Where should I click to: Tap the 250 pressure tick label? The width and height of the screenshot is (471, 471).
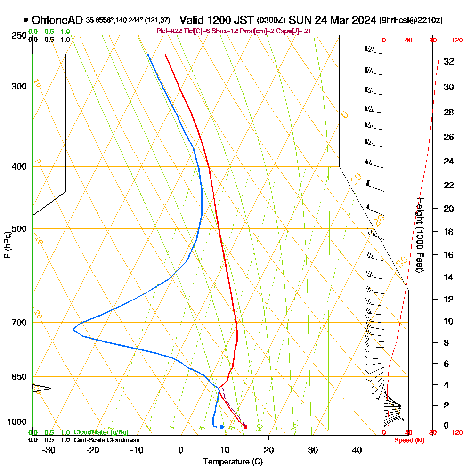pyautogui.click(x=19, y=36)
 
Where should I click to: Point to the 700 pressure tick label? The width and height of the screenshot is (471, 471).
pyautogui.click(x=19, y=323)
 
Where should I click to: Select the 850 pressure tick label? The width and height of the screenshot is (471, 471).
pyautogui.click(x=19, y=377)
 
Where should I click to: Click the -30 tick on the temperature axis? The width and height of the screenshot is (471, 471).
pyautogui.click(x=49, y=450)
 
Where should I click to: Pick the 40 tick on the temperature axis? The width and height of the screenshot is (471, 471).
pyautogui.click(x=357, y=450)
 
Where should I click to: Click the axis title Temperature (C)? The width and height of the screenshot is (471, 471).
pyautogui.click(x=233, y=462)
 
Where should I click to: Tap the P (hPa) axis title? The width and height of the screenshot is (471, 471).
pyautogui.click(x=7, y=245)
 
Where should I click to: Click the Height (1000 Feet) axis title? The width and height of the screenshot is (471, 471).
pyautogui.click(x=419, y=235)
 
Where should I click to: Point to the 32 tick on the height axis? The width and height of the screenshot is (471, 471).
pyautogui.click(x=448, y=61)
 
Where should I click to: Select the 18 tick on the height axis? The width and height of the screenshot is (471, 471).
pyautogui.click(x=448, y=232)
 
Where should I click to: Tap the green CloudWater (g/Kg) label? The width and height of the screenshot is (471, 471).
pyautogui.click(x=101, y=432)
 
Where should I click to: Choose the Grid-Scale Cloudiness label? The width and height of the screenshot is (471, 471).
pyautogui.click(x=106, y=440)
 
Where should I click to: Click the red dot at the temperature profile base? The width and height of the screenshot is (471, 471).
pyautogui.click(x=245, y=427)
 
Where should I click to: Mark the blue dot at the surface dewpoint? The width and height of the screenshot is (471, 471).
pyautogui.click(x=222, y=427)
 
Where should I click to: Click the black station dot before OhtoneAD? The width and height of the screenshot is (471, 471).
pyautogui.click(x=25, y=20)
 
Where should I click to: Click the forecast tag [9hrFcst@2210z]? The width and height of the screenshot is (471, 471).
pyautogui.click(x=411, y=21)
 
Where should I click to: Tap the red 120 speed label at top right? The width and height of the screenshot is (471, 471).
pyautogui.click(x=457, y=41)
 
